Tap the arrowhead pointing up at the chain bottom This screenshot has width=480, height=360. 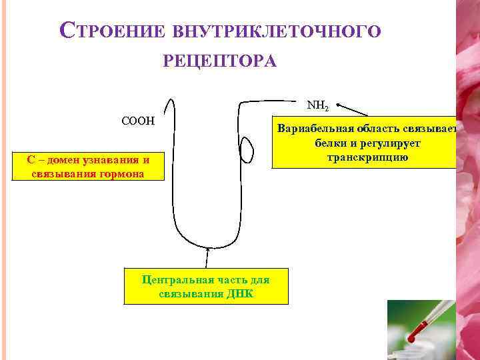coord(207,251)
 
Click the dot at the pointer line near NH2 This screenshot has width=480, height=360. coord(339,105)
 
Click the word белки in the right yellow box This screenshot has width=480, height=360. coord(329,143)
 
